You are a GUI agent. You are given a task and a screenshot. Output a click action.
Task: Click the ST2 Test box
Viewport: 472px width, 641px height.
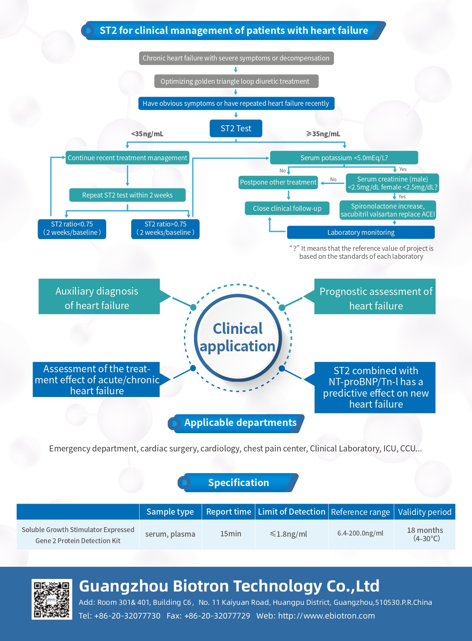coord(236,129)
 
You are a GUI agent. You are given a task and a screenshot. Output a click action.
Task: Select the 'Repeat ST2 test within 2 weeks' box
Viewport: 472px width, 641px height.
coord(127,195)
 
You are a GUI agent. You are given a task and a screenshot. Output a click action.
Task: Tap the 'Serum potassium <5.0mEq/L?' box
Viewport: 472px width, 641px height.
coord(344,158)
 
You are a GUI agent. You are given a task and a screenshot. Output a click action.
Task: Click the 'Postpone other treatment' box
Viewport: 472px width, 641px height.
coord(278,182)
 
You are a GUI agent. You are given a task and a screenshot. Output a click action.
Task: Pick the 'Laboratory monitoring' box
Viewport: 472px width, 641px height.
coord(361,233)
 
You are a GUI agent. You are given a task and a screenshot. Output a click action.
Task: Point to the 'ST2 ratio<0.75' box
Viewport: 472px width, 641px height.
coord(72,228)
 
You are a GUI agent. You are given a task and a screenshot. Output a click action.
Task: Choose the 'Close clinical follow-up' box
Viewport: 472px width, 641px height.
coord(287,209)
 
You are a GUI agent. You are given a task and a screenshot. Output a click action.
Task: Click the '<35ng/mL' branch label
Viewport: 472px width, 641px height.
coord(147,134)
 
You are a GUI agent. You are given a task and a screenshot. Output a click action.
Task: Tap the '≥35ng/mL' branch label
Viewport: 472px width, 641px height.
coord(323,134)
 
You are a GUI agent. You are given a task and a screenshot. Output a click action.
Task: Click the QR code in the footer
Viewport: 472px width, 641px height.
coord(52,599)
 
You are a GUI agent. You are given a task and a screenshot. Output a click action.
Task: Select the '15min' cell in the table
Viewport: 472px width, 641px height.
coord(230,534)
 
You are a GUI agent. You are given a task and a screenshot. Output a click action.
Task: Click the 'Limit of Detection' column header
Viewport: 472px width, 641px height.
coord(291,512)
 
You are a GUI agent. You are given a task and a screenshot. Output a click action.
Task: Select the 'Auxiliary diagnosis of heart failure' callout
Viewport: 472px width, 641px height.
coord(97,298)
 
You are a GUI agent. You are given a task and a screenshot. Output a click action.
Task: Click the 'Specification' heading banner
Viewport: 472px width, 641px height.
coord(238,483)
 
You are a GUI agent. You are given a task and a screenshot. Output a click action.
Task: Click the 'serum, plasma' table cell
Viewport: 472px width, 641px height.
coord(170,534)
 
